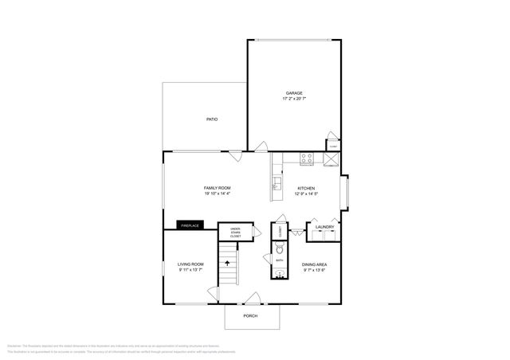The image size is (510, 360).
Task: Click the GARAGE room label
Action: point(295,92)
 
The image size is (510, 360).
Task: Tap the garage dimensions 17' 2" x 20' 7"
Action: point(295,99)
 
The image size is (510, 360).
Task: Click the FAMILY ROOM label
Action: point(217,187)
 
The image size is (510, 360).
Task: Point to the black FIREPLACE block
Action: point(189,225)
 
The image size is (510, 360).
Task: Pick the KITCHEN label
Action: point(307,187)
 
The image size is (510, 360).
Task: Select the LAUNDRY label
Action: point(324,227)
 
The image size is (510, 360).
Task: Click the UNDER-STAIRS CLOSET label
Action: point(236,233)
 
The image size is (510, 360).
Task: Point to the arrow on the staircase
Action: point(229,260)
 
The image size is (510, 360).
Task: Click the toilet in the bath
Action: point(280,249)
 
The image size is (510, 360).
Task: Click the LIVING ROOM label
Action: point(190,264)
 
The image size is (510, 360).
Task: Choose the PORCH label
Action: point(251,316)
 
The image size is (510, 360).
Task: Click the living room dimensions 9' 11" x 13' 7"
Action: point(190,270)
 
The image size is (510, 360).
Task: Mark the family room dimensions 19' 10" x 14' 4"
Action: point(217,194)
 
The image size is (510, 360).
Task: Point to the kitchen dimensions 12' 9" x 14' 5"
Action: point(307,194)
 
